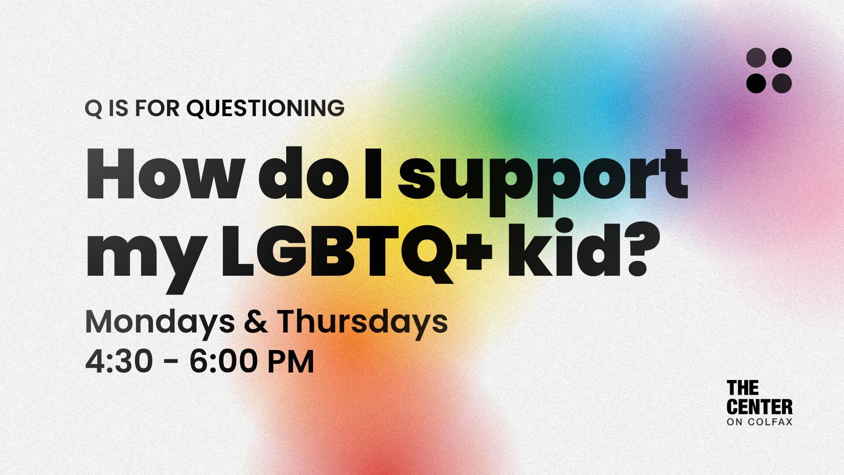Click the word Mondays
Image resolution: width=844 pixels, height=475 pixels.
point(160,323)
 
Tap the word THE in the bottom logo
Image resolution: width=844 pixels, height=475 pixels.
point(742,388)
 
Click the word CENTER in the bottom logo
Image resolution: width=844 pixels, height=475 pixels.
point(760,407)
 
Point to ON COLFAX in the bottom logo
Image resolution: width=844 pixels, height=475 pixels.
point(760,423)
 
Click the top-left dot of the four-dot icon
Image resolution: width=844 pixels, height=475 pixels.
point(756,58)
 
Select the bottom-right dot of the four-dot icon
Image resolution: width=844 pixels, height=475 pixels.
point(782,83)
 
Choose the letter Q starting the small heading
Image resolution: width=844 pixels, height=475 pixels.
point(93,109)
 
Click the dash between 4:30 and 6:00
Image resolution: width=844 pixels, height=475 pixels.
point(174,363)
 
